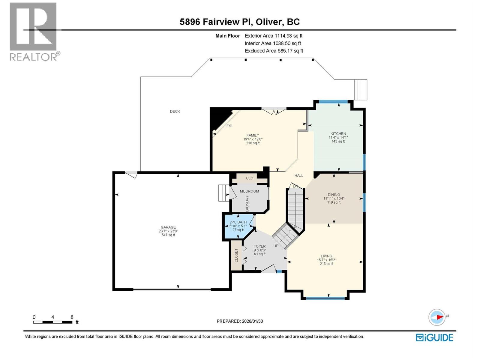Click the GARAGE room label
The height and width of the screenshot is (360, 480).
168,227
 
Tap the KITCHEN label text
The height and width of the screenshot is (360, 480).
338,133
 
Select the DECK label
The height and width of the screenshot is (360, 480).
175,111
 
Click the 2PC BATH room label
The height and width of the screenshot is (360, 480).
238,222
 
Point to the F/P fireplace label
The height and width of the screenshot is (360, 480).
229,126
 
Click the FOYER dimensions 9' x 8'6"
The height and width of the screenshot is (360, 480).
260,250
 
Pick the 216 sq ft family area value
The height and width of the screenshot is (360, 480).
253,143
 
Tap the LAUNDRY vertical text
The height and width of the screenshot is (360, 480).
247,203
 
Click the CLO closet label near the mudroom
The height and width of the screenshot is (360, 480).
250,178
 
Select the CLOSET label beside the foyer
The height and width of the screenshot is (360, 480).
236,255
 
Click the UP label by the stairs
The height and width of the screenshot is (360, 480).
276,246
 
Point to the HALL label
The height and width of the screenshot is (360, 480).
299,175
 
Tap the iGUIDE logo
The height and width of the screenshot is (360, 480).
434,337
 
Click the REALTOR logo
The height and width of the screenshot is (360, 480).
34,31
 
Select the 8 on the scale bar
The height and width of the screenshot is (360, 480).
72,317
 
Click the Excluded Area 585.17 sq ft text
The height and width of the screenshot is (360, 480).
274,51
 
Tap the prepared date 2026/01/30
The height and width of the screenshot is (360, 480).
252,321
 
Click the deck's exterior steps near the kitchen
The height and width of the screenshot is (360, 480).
360,89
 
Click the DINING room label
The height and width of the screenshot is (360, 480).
334,194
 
